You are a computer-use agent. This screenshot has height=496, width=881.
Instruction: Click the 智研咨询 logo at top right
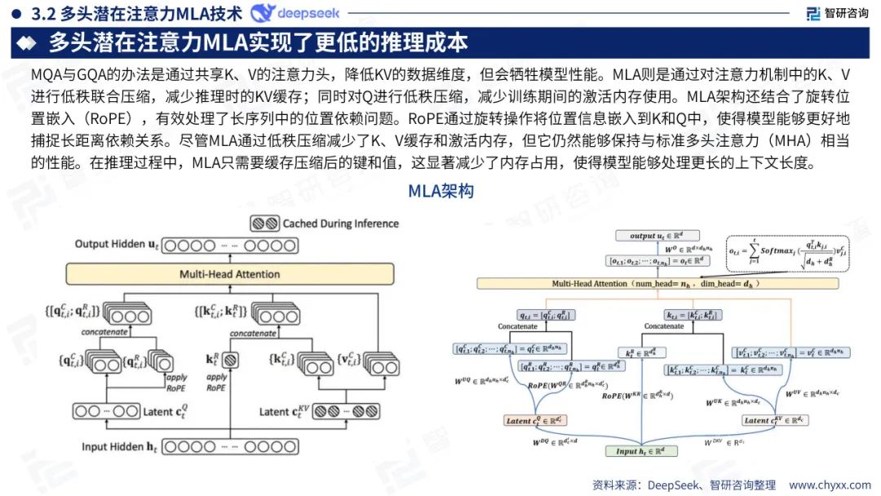pos(837,13)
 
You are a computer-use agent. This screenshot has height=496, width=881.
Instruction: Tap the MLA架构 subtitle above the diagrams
pos(440,193)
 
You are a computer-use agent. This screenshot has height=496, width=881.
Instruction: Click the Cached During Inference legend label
pos(340,223)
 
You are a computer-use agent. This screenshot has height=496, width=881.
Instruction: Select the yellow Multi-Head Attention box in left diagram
pos(230,274)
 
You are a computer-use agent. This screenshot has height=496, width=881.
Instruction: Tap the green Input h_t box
pos(640,451)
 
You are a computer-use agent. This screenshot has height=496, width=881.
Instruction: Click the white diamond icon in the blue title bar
pos(28,42)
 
